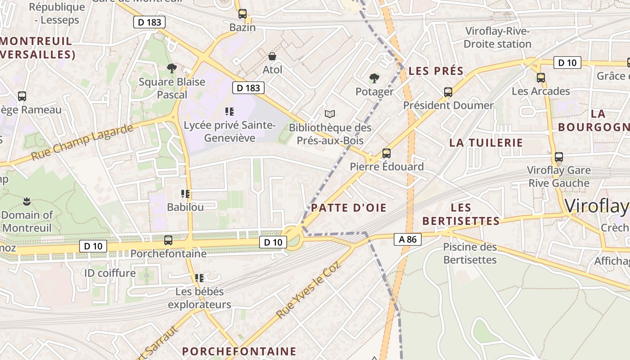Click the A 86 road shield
tap(408, 239)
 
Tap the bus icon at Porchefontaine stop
tap(168, 240)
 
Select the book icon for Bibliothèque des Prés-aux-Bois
tap(330, 114)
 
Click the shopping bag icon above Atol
tap(272, 56)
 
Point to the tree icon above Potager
tap(374, 78)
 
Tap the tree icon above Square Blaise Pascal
tap(171, 68)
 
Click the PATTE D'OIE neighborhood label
tap(349, 207)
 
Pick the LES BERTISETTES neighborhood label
tap(461, 214)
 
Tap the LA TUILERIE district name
tap(486, 143)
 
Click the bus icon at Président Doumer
tap(448, 92)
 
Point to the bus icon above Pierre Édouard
tap(386, 153)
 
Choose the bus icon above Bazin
tap(243, 14)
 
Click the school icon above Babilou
tap(185, 194)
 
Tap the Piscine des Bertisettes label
tap(470, 253)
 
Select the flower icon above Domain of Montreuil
tap(27, 201)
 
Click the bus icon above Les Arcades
tap(541, 78)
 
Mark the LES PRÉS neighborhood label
tap(436, 71)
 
